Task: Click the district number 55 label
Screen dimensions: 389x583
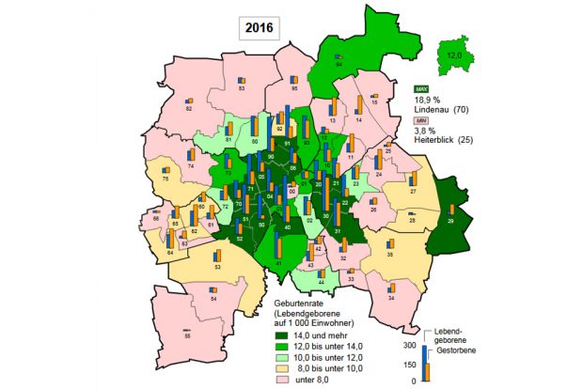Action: tap(187, 335)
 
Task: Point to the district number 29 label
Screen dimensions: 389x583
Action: tap(450, 221)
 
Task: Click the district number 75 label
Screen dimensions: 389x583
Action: tap(165, 178)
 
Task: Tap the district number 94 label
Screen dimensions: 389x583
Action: tap(338, 64)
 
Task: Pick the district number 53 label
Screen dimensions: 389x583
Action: tap(217, 268)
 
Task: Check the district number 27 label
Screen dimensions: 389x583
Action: tap(413, 190)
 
